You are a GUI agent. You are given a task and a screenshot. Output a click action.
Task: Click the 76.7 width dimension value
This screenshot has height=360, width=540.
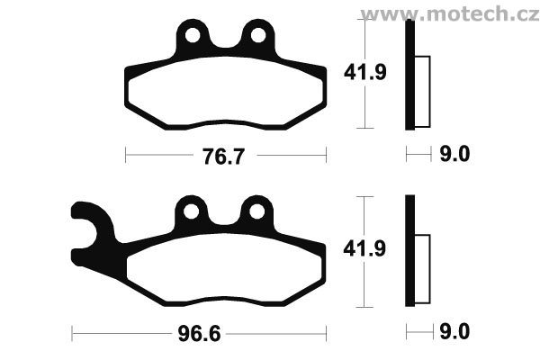click(x=223, y=157)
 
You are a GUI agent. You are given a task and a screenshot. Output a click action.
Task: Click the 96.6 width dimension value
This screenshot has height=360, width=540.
click(x=199, y=334)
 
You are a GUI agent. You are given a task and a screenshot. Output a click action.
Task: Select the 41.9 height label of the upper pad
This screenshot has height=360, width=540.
click(x=365, y=72)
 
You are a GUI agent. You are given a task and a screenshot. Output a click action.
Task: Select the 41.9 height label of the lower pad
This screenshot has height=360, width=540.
click(x=364, y=248)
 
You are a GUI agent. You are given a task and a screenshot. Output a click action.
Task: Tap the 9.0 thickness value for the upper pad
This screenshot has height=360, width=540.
click(x=454, y=154)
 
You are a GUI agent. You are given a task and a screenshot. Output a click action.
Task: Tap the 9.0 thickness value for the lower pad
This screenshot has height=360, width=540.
click(x=454, y=332)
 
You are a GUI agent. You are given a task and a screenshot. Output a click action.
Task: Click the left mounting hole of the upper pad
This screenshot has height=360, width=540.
click(x=193, y=35)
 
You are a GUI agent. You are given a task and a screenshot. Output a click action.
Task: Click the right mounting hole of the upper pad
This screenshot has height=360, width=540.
click(x=258, y=35)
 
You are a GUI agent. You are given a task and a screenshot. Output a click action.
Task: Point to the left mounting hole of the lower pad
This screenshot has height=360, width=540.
click(x=191, y=211)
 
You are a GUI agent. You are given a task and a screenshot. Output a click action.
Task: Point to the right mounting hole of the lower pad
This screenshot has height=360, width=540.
click(x=256, y=211)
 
